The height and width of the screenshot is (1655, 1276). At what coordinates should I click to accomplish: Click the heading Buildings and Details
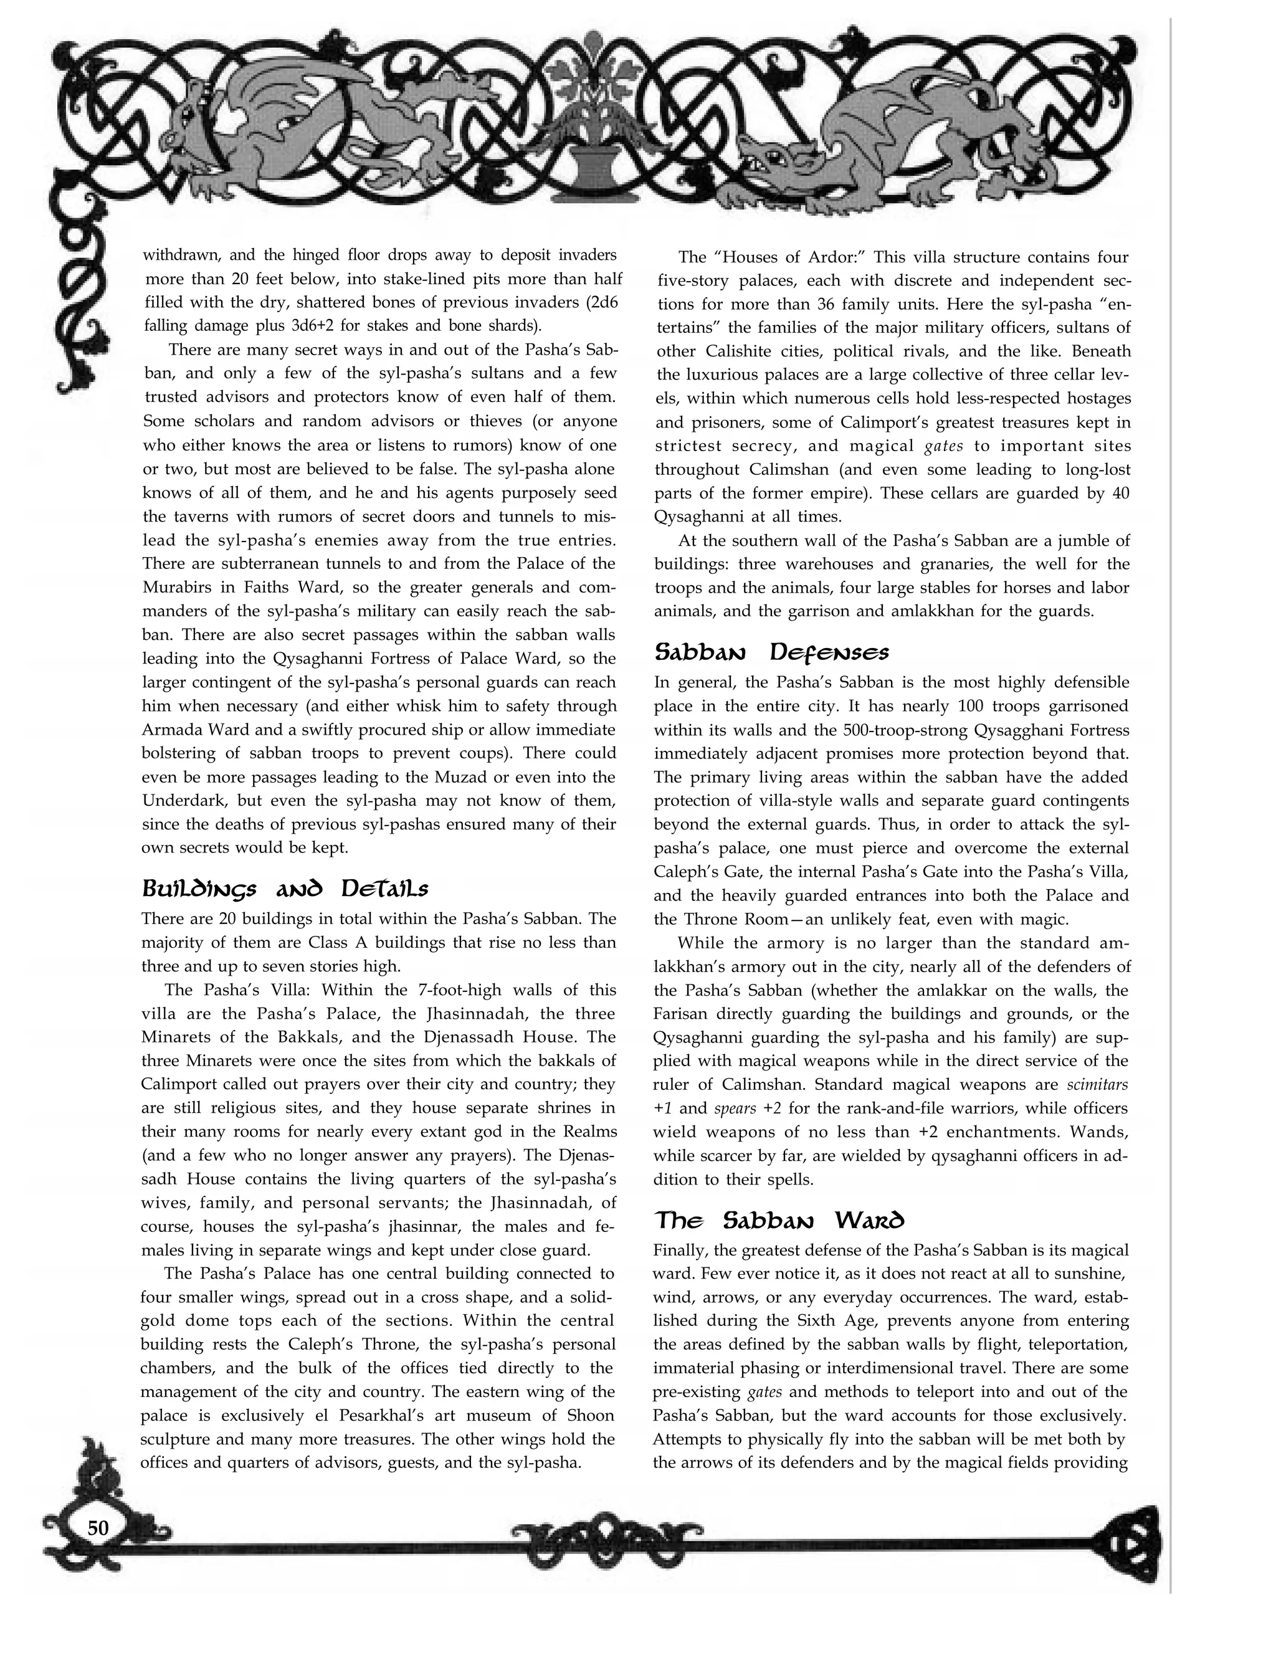(285, 888)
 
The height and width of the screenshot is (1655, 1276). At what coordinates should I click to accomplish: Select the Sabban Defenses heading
(771, 652)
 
